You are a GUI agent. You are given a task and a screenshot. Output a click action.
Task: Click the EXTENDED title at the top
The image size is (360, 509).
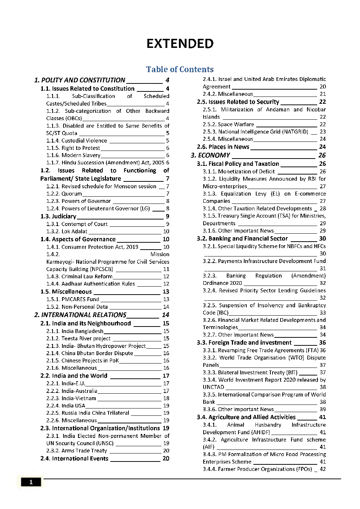[180, 44]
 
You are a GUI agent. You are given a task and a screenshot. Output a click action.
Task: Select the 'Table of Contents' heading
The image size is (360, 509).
[180, 69]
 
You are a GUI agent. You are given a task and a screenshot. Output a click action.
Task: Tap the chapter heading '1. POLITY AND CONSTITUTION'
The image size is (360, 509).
[80, 80]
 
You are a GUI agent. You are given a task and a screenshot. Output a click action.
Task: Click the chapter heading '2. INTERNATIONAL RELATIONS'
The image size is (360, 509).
[80, 315]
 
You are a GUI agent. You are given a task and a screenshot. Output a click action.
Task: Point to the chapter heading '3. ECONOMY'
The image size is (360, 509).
[210, 155]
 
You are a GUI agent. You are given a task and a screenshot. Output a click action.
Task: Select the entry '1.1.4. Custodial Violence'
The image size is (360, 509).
[77, 141]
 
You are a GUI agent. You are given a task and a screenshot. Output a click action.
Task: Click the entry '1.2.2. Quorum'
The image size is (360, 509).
[64, 194]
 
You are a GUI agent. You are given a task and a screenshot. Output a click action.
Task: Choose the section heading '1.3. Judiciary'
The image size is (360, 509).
[58, 217]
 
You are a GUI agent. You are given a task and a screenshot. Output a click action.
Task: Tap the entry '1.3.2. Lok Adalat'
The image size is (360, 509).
[67, 231]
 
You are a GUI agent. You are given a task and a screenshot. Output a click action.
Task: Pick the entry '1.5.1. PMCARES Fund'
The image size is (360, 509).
[73, 299]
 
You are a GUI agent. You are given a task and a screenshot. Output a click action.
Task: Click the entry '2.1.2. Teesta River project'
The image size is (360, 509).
[78, 338]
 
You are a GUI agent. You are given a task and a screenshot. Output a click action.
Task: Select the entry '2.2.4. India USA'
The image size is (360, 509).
[66, 406]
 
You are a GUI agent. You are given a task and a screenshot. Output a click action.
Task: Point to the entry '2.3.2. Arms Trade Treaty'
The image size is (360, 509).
[77, 451]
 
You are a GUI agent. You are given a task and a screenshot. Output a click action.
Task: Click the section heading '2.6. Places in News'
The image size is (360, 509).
[223, 147]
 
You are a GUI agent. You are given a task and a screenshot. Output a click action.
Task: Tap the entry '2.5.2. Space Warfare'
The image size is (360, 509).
[228, 124]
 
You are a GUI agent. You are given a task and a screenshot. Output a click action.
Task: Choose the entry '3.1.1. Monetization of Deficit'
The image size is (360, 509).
[239, 172]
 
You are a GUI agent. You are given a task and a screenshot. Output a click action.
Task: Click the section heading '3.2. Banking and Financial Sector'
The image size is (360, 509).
[242, 239]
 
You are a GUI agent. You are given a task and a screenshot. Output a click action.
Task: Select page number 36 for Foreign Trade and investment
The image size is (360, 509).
[322, 343]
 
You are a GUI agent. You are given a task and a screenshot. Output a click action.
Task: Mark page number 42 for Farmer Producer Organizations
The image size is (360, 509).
[323, 469]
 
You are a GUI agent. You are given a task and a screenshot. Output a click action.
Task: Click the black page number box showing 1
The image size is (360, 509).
[31, 482]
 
